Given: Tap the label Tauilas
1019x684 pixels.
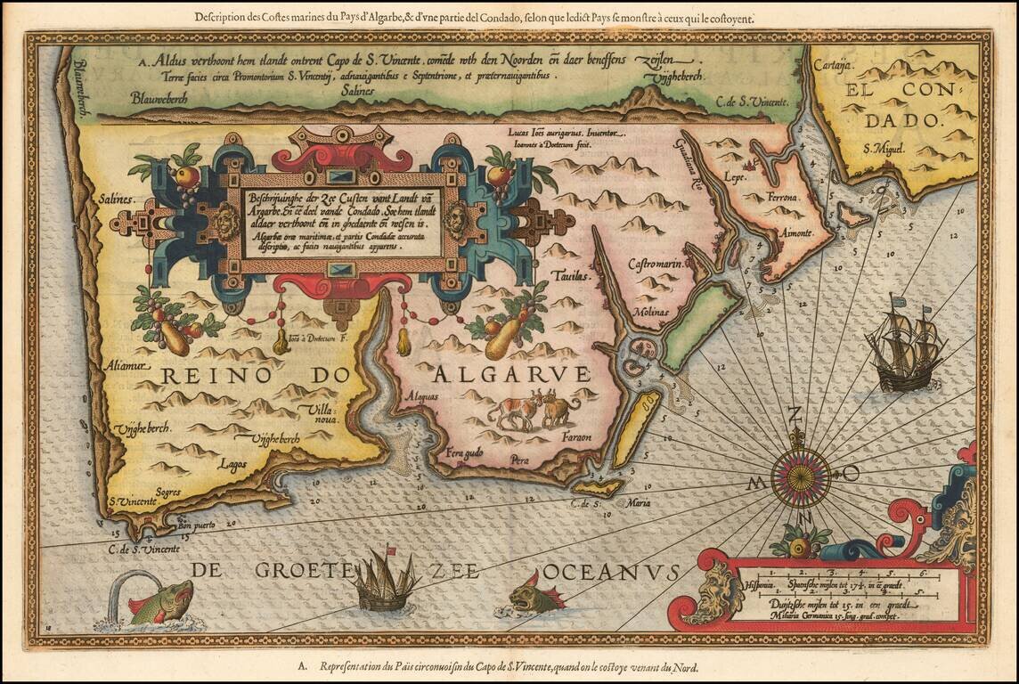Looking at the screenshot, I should point(571,277).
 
